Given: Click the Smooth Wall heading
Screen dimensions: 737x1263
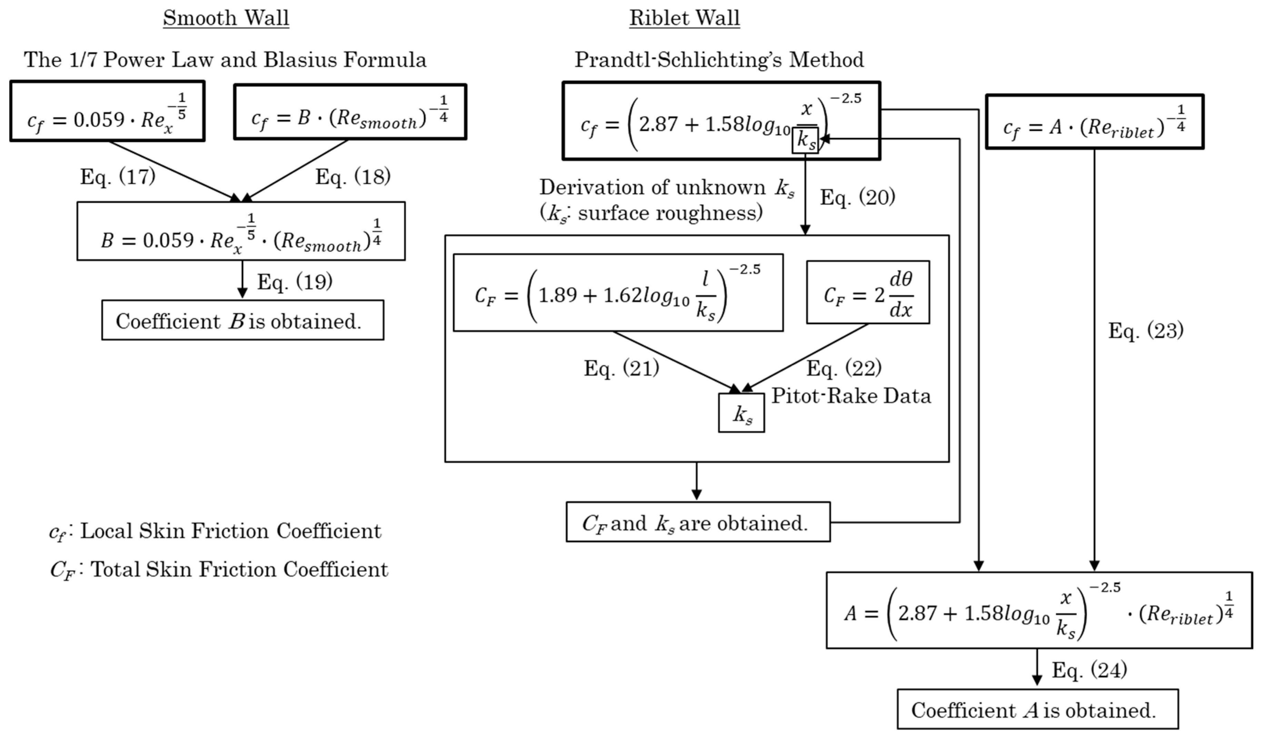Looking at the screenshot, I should tap(226, 18).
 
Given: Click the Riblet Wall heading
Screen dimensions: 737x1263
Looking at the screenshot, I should tap(684, 18).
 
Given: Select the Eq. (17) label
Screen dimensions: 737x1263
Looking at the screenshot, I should tap(118, 176).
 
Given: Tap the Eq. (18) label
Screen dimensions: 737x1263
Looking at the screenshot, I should tap(353, 176).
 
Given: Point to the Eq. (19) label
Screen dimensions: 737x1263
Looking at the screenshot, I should tap(295, 282).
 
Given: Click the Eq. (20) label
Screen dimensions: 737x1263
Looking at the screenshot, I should tap(857, 197).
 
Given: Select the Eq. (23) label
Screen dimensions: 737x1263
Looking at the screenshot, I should tap(1146, 330).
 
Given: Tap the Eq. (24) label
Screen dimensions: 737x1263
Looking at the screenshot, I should tap(1089, 670).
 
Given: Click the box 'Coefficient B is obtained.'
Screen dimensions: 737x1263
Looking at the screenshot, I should tap(242, 321).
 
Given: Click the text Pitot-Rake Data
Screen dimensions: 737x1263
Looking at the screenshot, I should tap(851, 396).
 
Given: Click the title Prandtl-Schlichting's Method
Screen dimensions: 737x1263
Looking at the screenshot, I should tap(719, 60).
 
